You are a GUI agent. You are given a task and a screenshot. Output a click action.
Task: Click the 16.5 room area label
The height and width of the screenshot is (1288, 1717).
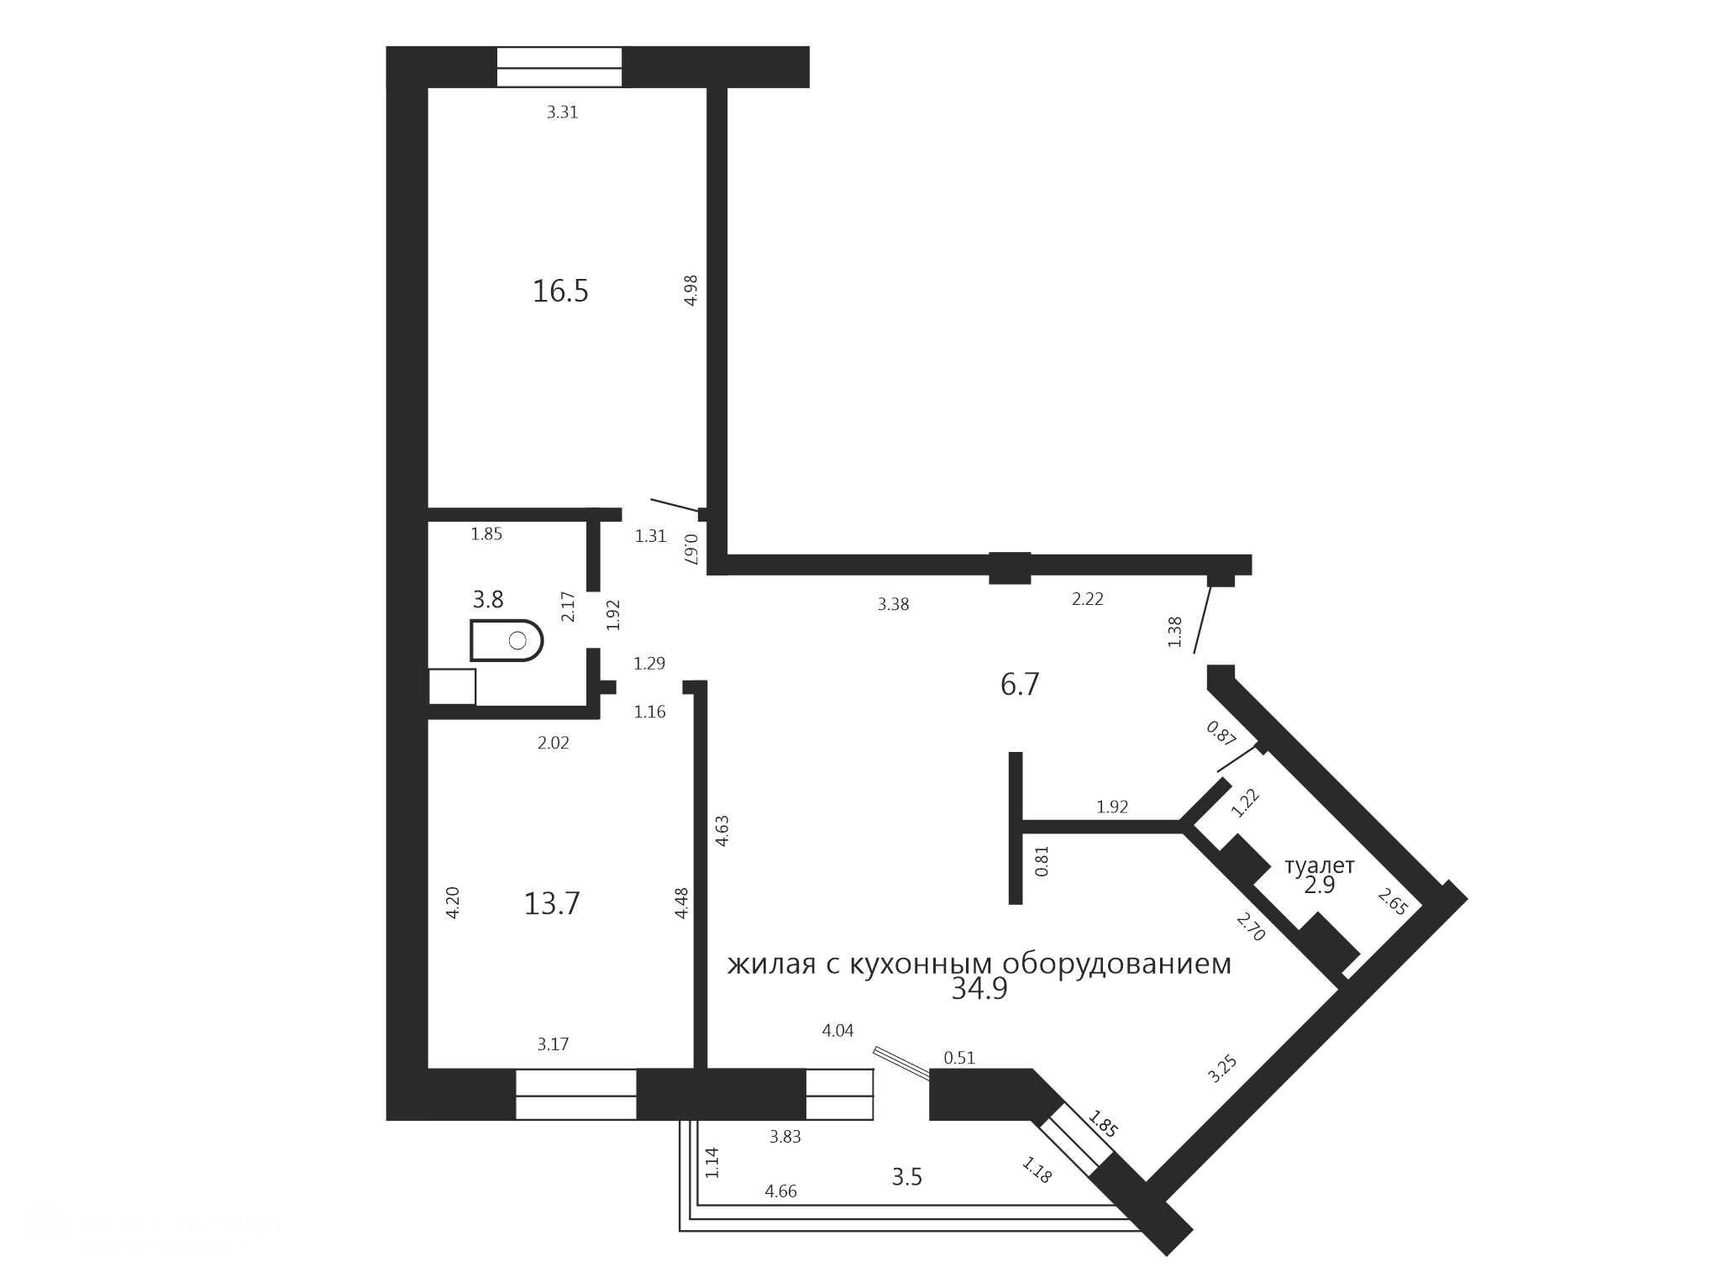[x=560, y=292]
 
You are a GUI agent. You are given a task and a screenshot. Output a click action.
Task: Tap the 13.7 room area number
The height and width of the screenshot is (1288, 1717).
[x=552, y=904]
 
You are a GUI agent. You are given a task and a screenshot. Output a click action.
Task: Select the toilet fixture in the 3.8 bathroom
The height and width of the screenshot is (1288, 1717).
[x=507, y=641]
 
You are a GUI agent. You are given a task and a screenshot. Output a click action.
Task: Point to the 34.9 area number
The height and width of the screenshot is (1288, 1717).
[x=979, y=990]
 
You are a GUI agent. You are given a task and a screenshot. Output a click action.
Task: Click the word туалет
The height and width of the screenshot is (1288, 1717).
[x=1320, y=865]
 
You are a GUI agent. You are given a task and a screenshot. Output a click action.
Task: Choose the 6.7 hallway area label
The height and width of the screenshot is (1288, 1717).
[x=1020, y=685]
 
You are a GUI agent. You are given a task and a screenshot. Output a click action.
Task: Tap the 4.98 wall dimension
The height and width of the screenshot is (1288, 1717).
[x=691, y=290]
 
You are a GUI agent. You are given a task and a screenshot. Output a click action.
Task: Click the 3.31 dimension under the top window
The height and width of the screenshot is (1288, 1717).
[x=563, y=113]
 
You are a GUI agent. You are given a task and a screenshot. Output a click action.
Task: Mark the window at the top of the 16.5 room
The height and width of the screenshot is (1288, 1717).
[x=559, y=67]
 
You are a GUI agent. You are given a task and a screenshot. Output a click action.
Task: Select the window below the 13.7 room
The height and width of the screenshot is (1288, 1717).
[x=576, y=1095]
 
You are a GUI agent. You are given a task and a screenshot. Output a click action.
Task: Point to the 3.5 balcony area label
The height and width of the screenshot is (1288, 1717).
[x=907, y=1177]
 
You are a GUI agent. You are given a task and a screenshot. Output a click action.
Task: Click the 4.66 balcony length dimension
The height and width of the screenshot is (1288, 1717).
[x=780, y=1191]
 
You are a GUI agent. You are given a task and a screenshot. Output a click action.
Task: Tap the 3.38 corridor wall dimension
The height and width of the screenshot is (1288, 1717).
[x=893, y=604]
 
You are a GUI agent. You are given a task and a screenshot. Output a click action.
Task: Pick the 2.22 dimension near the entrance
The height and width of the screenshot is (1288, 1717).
[x=1088, y=599]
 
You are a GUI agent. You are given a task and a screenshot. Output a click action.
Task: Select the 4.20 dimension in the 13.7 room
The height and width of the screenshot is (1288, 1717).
[x=453, y=903]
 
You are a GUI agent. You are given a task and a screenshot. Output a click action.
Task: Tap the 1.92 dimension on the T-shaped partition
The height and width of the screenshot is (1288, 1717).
[x=1112, y=807]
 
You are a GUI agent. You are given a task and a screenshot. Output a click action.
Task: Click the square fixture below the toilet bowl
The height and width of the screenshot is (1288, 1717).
[x=452, y=686]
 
